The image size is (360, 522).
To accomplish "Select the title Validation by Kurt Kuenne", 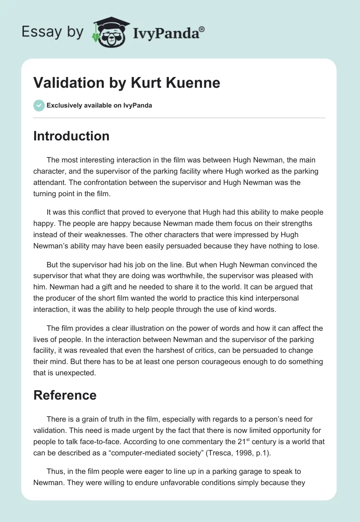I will (126, 83).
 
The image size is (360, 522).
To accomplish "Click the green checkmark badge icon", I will (39, 105).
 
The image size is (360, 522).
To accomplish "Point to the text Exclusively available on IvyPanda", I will (99, 105).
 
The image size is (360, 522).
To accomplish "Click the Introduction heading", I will (71, 136).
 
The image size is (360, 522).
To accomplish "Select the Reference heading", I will (65, 395).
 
